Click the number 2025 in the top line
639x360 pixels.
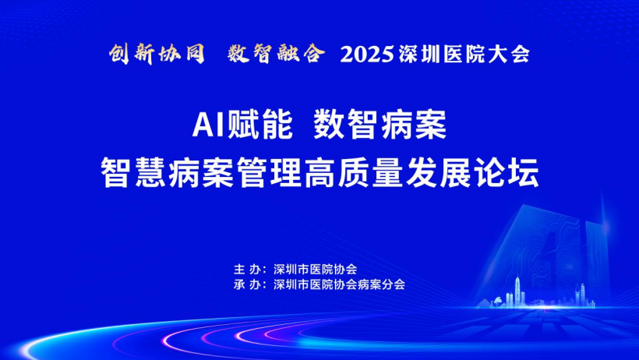(367, 55)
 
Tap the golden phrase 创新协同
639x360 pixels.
(157, 54)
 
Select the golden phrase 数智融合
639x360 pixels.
(277, 54)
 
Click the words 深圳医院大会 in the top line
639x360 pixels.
(464, 55)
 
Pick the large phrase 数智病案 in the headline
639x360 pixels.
(380, 125)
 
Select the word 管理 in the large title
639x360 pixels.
(270, 172)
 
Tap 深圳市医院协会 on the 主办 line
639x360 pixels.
(316, 270)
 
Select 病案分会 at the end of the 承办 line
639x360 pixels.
(381, 284)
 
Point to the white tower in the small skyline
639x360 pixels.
(517, 291)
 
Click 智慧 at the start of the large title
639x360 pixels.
(133, 172)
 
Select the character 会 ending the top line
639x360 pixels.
(521, 55)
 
